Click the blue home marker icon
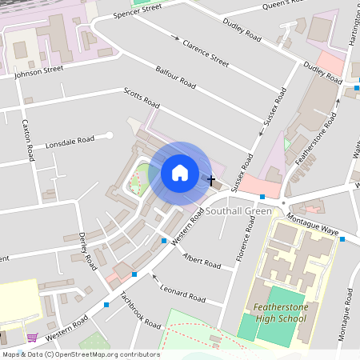(x=180, y=173)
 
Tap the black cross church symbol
(x=211, y=181)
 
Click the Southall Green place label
(x=238, y=211)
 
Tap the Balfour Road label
(x=176, y=77)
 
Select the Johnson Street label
(x=38, y=71)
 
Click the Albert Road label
(x=202, y=262)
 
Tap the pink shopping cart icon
(x=32, y=338)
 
